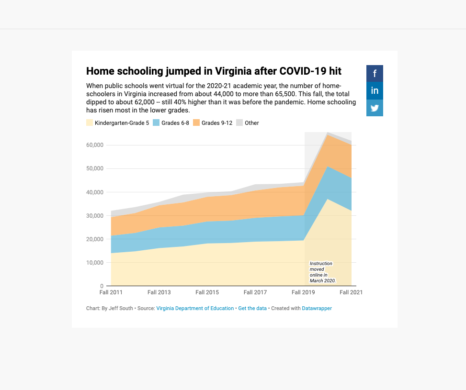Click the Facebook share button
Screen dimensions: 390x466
coord(375,74)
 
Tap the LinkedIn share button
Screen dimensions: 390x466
coord(375,90)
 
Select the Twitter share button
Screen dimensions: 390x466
coord(375,108)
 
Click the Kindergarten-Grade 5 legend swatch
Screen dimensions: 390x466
coord(90,123)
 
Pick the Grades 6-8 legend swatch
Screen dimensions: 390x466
coord(156,123)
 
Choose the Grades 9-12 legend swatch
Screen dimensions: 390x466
coord(196,123)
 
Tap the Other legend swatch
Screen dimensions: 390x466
coord(239,123)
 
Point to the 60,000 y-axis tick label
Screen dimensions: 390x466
coord(95,145)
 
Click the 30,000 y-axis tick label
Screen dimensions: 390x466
coord(95,216)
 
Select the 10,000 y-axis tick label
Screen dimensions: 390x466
coord(95,263)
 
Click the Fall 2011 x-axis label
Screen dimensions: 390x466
coord(111,292)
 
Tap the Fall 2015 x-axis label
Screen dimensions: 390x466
coord(207,292)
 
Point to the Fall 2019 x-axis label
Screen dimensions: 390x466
coord(303,292)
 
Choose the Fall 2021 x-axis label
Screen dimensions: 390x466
coord(351,292)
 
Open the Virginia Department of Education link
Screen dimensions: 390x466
coord(195,309)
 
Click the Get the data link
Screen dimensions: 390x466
coord(252,309)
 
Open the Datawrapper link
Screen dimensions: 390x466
coord(317,309)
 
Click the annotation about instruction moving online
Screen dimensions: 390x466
coord(322,272)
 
